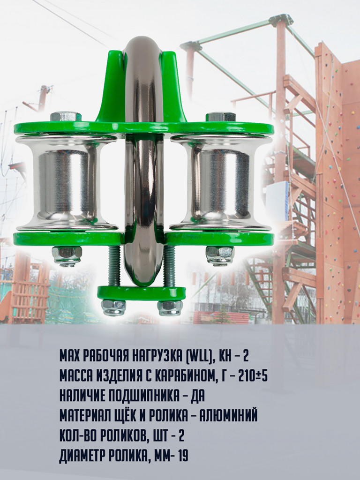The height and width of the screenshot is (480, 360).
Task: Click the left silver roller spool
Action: point(67,183)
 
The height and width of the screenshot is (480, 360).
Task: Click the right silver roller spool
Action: point(221,183)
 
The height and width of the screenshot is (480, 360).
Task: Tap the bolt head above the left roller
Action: point(66,116)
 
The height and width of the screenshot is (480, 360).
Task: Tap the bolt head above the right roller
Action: point(221,117)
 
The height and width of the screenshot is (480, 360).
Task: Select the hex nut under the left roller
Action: point(67,256)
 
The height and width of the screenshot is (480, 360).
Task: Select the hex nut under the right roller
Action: point(220,255)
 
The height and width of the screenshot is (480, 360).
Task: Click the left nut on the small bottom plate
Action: point(113,307)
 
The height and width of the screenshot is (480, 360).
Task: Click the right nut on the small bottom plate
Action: point(170,307)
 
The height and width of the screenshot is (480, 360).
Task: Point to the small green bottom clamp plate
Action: point(142,293)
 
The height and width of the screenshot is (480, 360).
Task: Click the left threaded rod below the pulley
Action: point(114,266)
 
